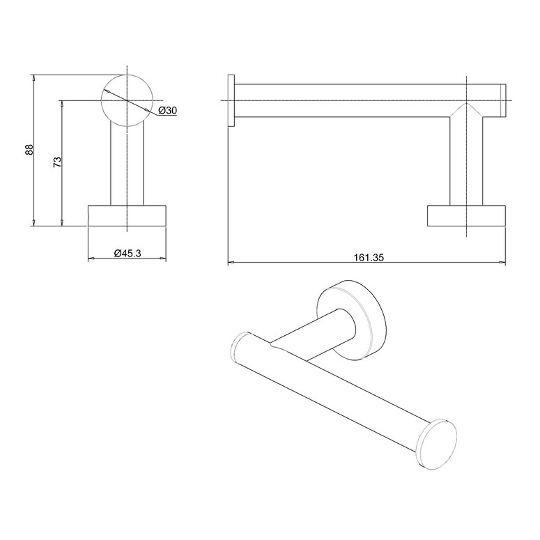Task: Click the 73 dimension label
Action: (58, 162)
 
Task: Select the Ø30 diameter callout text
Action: (167, 111)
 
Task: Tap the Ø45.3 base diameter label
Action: (128, 254)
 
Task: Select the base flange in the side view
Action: (127, 215)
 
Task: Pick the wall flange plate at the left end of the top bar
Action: (231, 100)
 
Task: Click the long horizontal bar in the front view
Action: (348, 100)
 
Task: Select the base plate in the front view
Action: (466, 215)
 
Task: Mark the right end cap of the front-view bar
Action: (502, 100)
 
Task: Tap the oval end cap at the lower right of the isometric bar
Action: (438, 445)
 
